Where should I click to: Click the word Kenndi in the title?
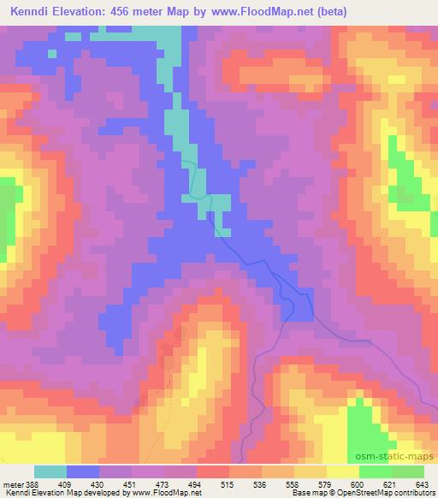[x=32, y=13]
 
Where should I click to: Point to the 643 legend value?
[x=423, y=483]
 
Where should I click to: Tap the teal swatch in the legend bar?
[x=50, y=471]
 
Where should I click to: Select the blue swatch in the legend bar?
[x=83, y=471]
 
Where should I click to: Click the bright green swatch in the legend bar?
[x=375, y=471]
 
